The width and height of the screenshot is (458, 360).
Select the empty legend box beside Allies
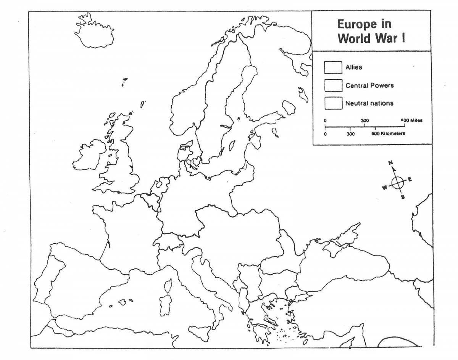(x=333, y=67)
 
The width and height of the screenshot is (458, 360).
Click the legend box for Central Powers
(x=333, y=85)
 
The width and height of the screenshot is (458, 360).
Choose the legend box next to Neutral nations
(x=333, y=103)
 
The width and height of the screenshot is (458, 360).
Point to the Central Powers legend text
(x=369, y=85)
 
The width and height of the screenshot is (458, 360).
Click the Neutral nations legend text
(x=369, y=103)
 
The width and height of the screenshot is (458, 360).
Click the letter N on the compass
(x=390, y=163)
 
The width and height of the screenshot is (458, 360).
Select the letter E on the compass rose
(x=410, y=179)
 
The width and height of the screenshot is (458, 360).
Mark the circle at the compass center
(x=398, y=182)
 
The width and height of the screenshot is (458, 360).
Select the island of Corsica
(x=167, y=284)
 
